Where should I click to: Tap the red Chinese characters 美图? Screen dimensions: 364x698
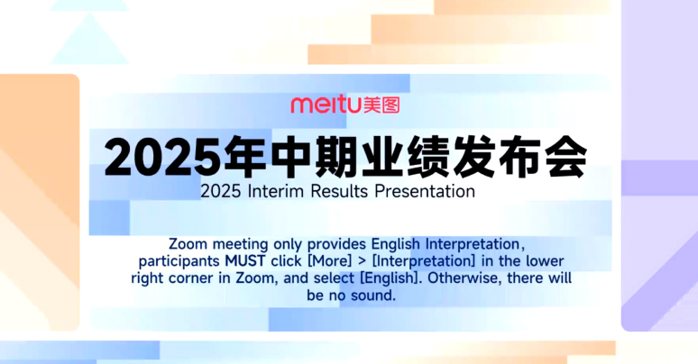tap(381, 105)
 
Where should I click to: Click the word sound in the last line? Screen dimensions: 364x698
tap(372, 295)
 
